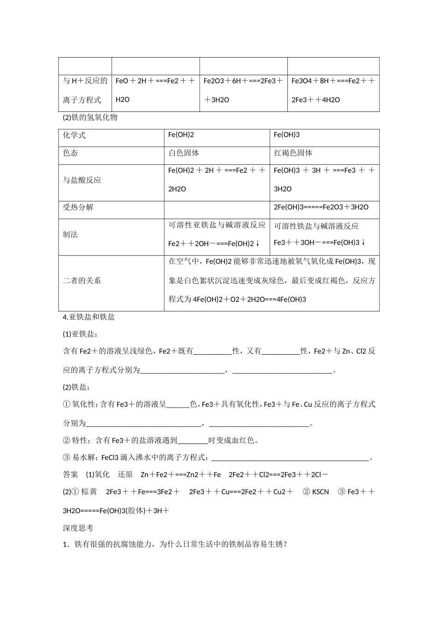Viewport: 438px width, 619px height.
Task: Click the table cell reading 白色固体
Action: (184, 153)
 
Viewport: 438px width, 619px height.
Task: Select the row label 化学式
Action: (74, 135)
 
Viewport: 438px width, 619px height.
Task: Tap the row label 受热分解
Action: (78, 207)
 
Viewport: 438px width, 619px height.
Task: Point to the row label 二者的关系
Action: (82, 280)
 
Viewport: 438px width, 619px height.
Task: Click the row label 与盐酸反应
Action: (82, 180)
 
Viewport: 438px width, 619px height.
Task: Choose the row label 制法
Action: (71, 234)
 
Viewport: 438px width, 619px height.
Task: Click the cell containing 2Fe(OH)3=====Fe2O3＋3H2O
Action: (321, 207)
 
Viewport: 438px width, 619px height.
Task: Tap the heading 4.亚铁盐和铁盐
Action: (89, 317)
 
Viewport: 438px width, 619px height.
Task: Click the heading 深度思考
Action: (78, 528)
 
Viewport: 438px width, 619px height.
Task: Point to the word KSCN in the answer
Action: (320, 492)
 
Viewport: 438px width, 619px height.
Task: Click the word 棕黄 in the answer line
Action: (89, 492)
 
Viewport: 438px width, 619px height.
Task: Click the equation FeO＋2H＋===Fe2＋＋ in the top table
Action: (155, 81)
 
